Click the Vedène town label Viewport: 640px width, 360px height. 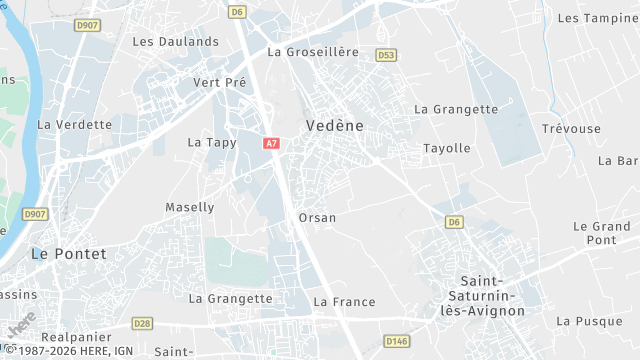click(329, 125)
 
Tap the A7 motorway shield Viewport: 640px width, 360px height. click(272, 143)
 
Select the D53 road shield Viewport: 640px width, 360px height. click(386, 55)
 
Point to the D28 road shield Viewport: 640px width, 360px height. click(142, 322)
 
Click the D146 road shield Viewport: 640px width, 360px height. click(397, 341)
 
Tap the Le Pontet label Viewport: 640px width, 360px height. click(68, 254)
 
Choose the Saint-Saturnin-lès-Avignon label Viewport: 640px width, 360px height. click(494, 296)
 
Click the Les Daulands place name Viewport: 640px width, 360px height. click(175, 42)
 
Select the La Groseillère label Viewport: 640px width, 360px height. click(312, 52)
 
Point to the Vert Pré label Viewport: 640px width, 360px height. click(219, 82)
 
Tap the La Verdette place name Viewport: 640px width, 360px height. click(74, 125)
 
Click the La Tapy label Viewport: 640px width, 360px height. click(212, 143)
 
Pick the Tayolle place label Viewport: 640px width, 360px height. click(446, 148)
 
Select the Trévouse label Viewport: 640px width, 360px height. click(571, 129)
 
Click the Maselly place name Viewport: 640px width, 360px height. click(189, 207)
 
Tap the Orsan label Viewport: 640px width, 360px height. click(317, 217)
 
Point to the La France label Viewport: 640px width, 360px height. click(344, 302)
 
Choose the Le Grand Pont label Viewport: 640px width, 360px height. click(601, 233)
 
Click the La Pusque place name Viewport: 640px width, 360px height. click(589, 321)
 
